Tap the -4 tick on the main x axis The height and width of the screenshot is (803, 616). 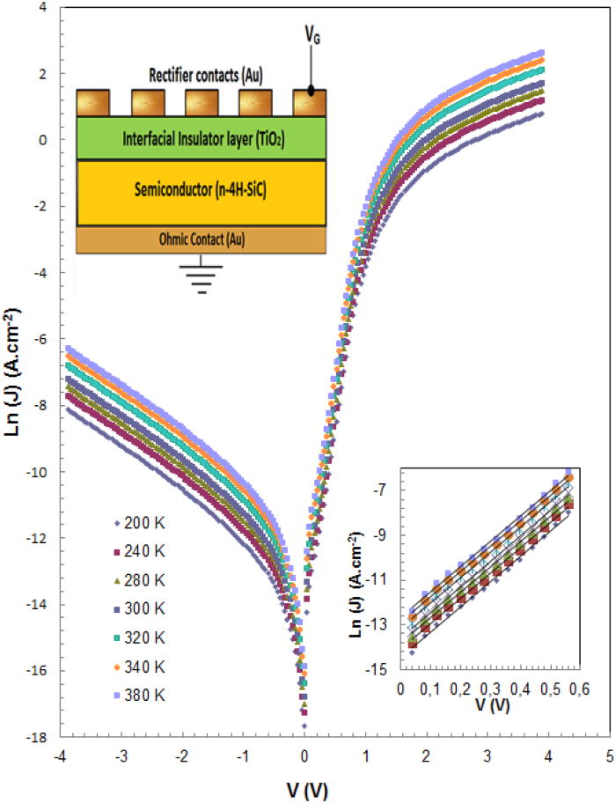pos(60,755)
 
